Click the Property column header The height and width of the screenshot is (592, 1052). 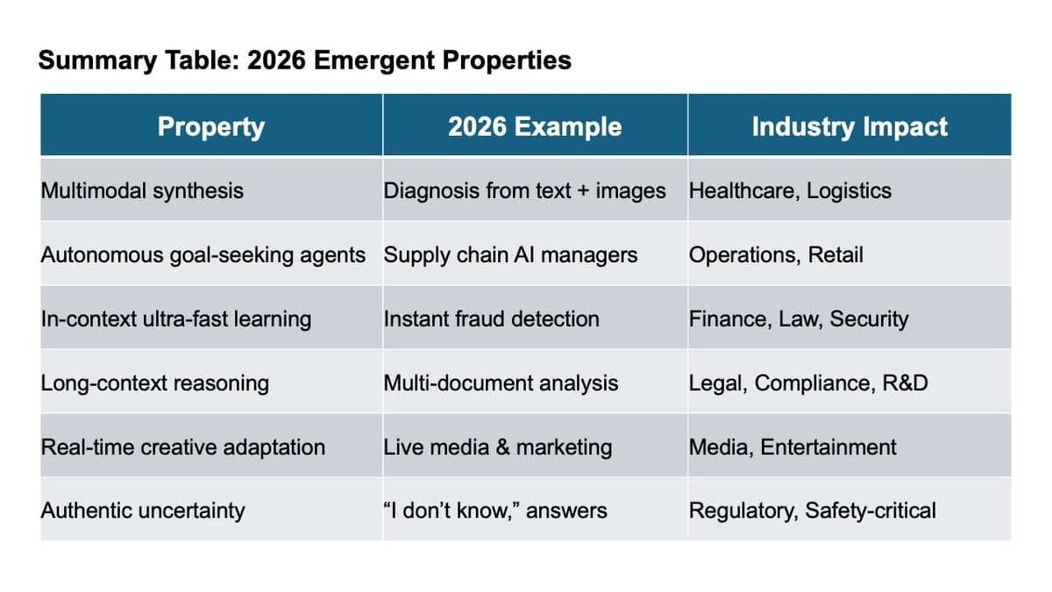pyautogui.click(x=210, y=126)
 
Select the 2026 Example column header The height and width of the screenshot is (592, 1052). pyautogui.click(x=534, y=126)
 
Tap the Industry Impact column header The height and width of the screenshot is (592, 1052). pyautogui.click(x=849, y=126)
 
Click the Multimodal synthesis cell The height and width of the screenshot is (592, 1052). pyautogui.click(x=142, y=190)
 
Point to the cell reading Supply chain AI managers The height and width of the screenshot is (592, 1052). pyautogui.click(x=510, y=255)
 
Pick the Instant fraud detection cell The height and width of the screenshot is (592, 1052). pyautogui.click(x=491, y=318)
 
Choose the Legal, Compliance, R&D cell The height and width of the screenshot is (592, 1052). pyautogui.click(x=807, y=383)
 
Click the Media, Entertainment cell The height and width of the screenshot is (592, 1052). pyautogui.click(x=792, y=446)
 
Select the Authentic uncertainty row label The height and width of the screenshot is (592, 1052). pyautogui.click(x=143, y=510)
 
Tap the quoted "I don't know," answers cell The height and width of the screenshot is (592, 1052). pyautogui.click(x=494, y=510)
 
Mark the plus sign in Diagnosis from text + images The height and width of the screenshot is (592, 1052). pyautogui.click(x=584, y=190)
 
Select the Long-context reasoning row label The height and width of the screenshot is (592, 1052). pyautogui.click(x=155, y=383)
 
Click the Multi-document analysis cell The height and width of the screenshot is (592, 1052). pyautogui.click(x=501, y=383)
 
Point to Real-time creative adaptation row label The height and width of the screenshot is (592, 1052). pyautogui.click(x=183, y=446)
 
